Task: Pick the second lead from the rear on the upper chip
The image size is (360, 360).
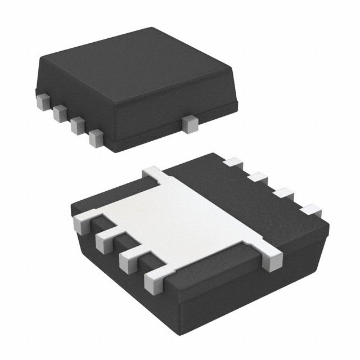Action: pyautogui.click(x=58, y=114)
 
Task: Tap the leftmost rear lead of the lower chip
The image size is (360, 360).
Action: pyautogui.click(x=231, y=164)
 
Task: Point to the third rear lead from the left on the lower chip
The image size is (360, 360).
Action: pyautogui.click(x=283, y=193)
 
